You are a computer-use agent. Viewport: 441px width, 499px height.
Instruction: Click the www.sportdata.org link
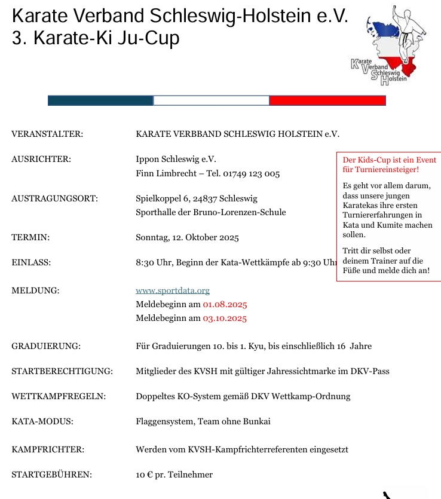[x=173, y=291]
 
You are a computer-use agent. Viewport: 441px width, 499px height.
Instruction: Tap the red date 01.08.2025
[x=225, y=305]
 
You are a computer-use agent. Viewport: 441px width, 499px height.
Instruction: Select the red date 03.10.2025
[x=225, y=319]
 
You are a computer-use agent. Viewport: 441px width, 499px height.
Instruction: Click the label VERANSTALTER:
[x=47, y=134]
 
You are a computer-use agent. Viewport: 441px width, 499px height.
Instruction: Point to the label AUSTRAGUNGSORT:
[x=54, y=198]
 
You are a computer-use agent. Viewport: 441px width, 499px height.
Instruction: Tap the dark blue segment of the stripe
[x=100, y=100]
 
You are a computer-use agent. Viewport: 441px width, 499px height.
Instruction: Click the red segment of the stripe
[x=327, y=100]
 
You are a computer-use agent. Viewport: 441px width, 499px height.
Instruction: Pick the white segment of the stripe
[x=212, y=100]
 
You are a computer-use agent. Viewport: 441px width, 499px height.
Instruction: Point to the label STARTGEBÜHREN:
[x=51, y=475]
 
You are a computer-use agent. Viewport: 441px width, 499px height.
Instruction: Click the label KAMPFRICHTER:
[x=48, y=449]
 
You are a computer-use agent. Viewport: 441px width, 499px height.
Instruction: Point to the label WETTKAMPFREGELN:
[x=59, y=397]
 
